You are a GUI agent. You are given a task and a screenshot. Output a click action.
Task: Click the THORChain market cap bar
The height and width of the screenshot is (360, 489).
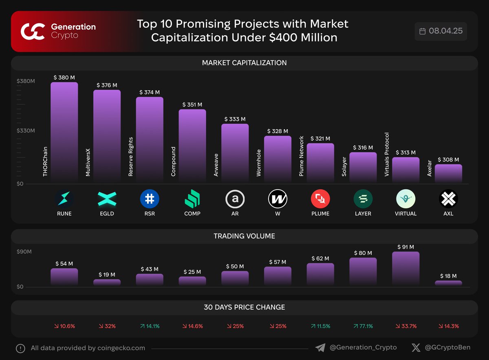coord(64,133)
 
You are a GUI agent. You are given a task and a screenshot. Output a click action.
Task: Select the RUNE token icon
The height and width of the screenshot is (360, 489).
coord(64,199)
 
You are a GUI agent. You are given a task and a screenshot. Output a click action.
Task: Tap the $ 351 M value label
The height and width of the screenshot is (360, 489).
coord(192,105)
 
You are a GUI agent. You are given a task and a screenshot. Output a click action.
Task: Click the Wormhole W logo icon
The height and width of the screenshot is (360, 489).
coord(278,199)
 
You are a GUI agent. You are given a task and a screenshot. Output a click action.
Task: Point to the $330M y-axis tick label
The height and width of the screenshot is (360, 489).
coord(26,131)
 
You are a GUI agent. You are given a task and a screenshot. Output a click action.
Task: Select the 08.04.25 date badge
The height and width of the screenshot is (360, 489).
coord(441,31)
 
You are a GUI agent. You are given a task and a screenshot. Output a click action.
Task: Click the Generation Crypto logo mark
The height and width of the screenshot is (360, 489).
coord(33,31)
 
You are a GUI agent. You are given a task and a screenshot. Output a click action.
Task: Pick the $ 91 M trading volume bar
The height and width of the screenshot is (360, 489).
coord(405,268)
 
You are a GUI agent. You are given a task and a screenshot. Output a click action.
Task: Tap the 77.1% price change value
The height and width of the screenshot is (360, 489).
coord(363,326)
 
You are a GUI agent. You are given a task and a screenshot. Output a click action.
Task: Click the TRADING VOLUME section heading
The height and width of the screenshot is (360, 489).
coord(244,236)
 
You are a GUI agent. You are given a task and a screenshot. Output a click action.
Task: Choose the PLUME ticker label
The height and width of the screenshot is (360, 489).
coord(320,214)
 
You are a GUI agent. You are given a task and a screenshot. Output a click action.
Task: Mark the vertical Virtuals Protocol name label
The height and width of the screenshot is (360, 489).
coord(387,155)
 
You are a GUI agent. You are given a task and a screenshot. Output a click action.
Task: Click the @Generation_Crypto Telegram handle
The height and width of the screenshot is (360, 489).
coord(363,348)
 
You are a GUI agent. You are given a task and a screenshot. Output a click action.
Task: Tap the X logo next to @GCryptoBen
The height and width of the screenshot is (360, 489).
coord(416,348)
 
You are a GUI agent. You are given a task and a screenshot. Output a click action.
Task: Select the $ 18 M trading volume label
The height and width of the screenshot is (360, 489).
coord(448,276)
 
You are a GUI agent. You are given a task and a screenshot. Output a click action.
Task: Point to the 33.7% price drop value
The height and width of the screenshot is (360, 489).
coord(405,326)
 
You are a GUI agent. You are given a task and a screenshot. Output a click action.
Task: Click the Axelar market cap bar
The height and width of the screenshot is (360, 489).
coord(448,173)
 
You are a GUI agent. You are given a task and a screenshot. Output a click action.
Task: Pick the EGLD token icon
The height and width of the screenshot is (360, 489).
coord(107,199)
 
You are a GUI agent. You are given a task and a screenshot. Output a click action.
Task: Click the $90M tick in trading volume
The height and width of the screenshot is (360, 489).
coord(24,252)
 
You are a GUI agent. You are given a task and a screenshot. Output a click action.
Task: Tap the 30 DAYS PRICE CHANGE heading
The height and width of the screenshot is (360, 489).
coord(244,307)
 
